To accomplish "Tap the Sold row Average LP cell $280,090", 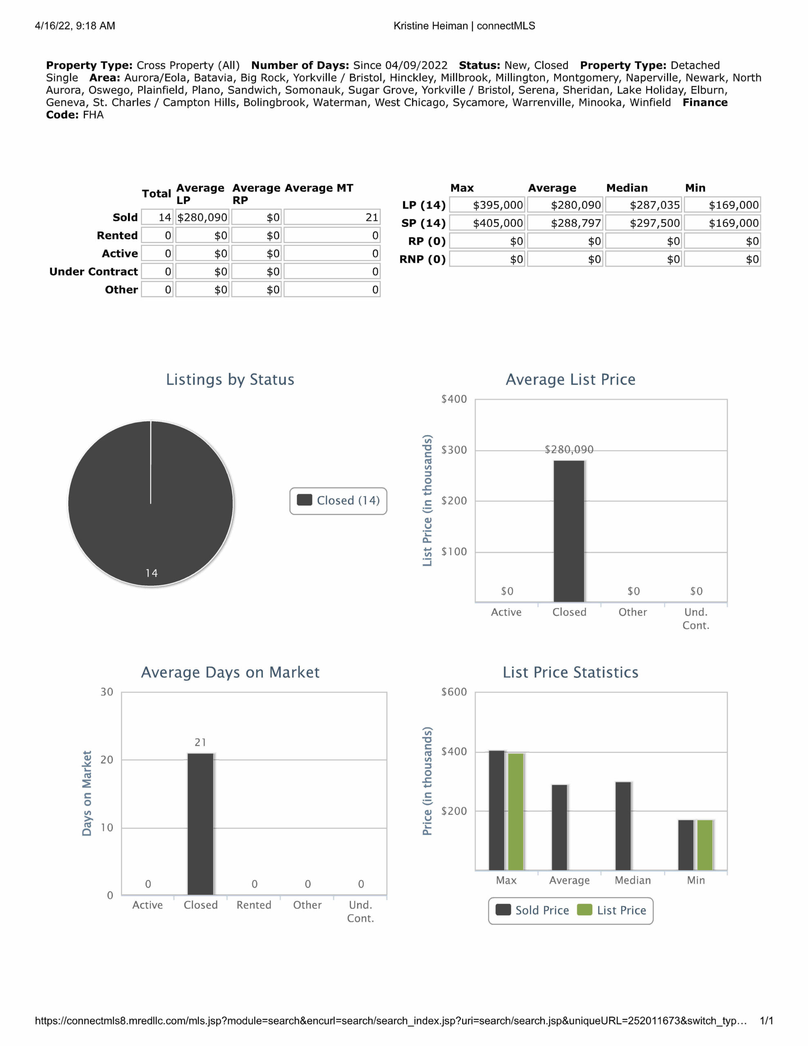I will [x=202, y=217].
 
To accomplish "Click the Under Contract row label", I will [x=94, y=272].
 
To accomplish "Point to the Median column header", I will [x=627, y=188].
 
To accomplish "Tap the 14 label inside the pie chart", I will [x=152, y=573].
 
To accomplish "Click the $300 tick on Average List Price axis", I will [x=453, y=450].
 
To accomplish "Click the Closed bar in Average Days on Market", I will [x=200, y=824].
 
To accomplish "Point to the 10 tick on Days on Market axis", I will [x=107, y=827].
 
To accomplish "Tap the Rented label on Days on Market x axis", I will [x=254, y=905].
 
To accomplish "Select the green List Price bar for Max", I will [x=516, y=811].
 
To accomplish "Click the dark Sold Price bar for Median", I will [x=623, y=826].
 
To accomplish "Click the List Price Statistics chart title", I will [x=570, y=673].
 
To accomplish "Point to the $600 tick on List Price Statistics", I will [x=453, y=692].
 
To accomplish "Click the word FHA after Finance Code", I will [x=93, y=115].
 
